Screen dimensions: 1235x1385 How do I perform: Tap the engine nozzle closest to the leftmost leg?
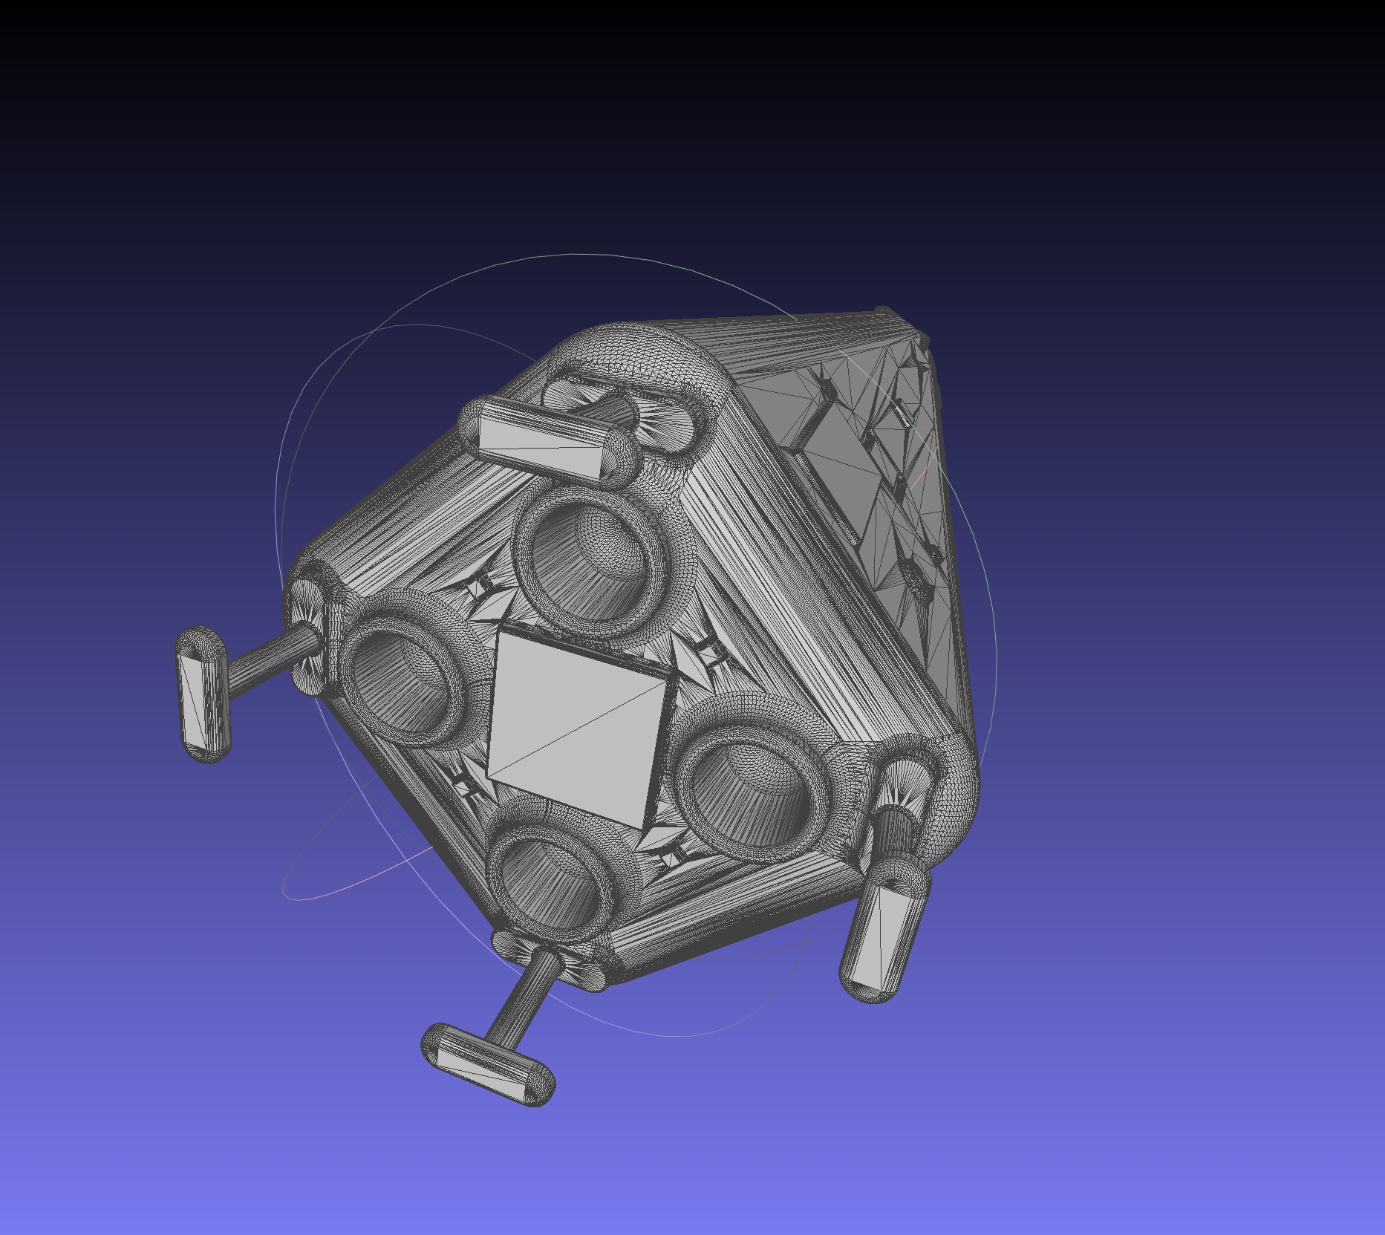[x=405, y=672]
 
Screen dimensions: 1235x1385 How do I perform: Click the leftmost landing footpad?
[x=203, y=694]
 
